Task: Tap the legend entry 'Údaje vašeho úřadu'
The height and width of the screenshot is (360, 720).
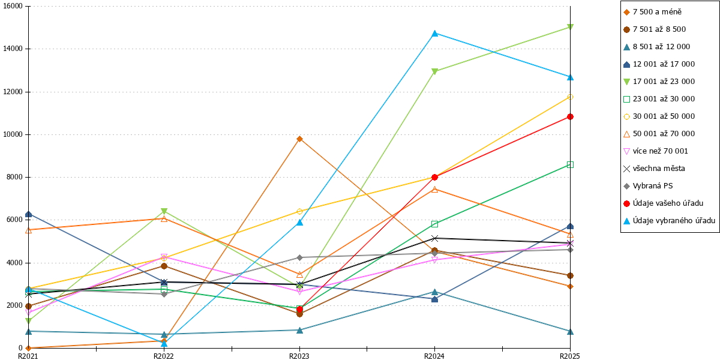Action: click(x=668, y=203)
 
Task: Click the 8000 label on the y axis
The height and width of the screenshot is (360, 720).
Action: click(x=15, y=177)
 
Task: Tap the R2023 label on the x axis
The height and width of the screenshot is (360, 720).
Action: click(x=299, y=356)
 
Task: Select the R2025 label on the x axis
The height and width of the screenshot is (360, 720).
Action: click(x=570, y=356)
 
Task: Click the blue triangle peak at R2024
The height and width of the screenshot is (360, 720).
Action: click(x=434, y=34)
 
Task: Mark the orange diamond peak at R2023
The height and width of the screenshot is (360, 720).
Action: click(x=299, y=139)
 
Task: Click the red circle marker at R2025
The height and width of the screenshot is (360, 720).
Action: click(x=570, y=116)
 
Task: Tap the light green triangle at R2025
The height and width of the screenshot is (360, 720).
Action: click(x=570, y=27)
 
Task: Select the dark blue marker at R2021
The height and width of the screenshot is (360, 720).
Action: click(x=29, y=214)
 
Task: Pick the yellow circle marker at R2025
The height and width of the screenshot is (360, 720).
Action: click(x=570, y=97)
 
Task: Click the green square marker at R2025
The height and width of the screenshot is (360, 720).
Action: click(x=570, y=164)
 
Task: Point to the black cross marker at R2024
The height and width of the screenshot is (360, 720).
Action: click(x=434, y=238)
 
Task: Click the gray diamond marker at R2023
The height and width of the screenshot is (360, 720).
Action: click(x=299, y=257)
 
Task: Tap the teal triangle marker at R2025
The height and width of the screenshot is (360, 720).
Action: click(x=570, y=331)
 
